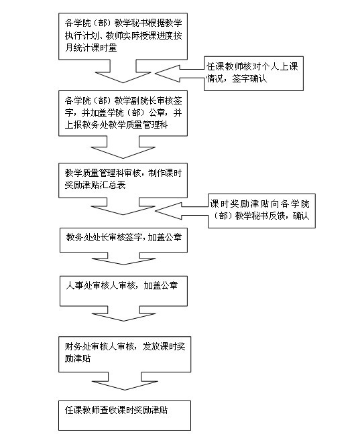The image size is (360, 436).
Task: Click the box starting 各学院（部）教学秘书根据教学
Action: [x=123, y=36]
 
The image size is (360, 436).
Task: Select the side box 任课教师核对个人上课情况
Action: [x=253, y=74]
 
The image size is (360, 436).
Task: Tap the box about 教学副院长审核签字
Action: [x=123, y=113]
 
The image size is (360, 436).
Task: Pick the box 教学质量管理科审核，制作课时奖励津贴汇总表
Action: [x=123, y=180]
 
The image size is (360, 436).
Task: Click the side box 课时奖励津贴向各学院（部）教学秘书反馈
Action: [x=261, y=211]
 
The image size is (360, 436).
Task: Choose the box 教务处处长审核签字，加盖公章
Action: [x=123, y=240]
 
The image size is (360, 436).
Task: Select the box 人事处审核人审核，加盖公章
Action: [x=123, y=291]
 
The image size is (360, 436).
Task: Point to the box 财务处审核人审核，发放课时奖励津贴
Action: [x=125, y=354]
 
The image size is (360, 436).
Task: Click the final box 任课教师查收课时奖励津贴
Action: [x=125, y=415]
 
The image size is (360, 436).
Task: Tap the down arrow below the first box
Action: [x=123, y=71]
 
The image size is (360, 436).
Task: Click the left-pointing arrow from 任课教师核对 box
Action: [x=180, y=74]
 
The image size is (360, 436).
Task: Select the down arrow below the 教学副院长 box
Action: [x=123, y=147]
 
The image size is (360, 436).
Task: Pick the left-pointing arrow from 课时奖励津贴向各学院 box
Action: [x=182, y=211]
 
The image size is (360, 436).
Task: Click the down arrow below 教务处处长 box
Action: [x=123, y=259]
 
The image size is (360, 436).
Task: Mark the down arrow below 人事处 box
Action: [x=123, y=313]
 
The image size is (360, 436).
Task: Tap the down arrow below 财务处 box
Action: [x=125, y=381]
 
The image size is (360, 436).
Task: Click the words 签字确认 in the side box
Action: [x=249, y=79]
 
